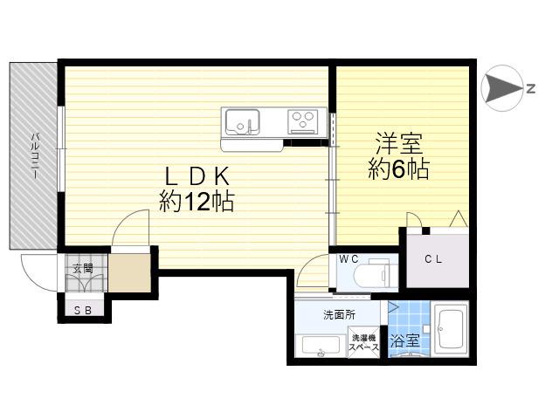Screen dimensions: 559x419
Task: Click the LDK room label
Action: point(197,176)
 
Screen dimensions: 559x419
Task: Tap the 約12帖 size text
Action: point(197,202)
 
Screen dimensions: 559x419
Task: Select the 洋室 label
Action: point(398,143)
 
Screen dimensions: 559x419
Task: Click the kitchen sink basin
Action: point(243,121)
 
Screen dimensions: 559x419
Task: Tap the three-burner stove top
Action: point(303,120)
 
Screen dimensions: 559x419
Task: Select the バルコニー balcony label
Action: point(35,155)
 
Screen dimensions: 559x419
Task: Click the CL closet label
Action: point(433,259)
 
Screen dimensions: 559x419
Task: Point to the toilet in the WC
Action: point(372,274)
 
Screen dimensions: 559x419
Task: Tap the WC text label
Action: point(349,259)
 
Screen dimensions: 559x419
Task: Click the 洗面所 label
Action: point(340,314)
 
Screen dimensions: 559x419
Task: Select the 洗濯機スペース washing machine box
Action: point(364,342)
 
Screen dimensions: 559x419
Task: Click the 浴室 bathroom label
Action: point(404,340)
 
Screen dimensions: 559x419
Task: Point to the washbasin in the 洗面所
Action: point(321,346)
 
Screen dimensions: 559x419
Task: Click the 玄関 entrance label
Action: point(83,268)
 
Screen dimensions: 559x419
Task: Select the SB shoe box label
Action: point(83,311)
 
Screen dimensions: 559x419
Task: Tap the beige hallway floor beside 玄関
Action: point(130,272)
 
